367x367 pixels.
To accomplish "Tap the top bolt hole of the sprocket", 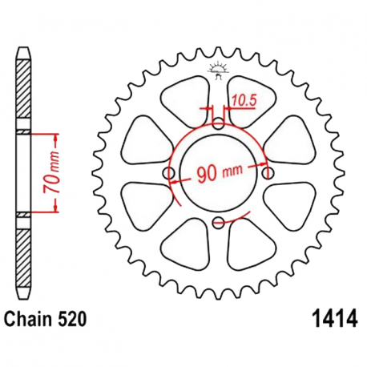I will coord(219,124).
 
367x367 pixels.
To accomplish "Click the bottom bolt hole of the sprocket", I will coord(219,224).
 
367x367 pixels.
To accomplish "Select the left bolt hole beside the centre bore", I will coord(169,174).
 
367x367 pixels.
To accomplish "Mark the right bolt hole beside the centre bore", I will coord(268,174).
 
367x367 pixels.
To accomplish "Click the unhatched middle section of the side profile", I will coord(24,172).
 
